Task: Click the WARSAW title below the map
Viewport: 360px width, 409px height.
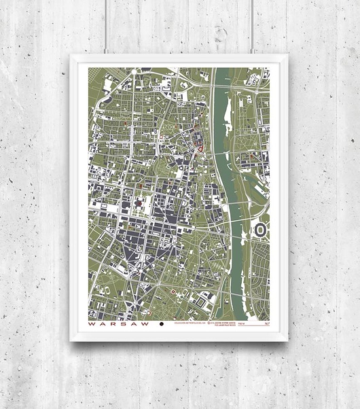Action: pyautogui.click(x=119, y=325)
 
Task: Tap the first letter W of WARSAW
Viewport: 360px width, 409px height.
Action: pyautogui.click(x=92, y=325)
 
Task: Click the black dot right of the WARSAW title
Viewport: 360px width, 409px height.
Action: pyautogui.click(x=162, y=325)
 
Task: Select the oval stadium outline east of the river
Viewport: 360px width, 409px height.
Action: pyautogui.click(x=259, y=231)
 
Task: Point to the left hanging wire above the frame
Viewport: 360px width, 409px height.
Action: pyautogui.click(x=106, y=27)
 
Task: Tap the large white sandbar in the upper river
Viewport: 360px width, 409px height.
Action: pyautogui.click(x=228, y=109)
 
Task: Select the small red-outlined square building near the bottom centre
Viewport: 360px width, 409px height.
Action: pyautogui.click(x=175, y=291)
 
